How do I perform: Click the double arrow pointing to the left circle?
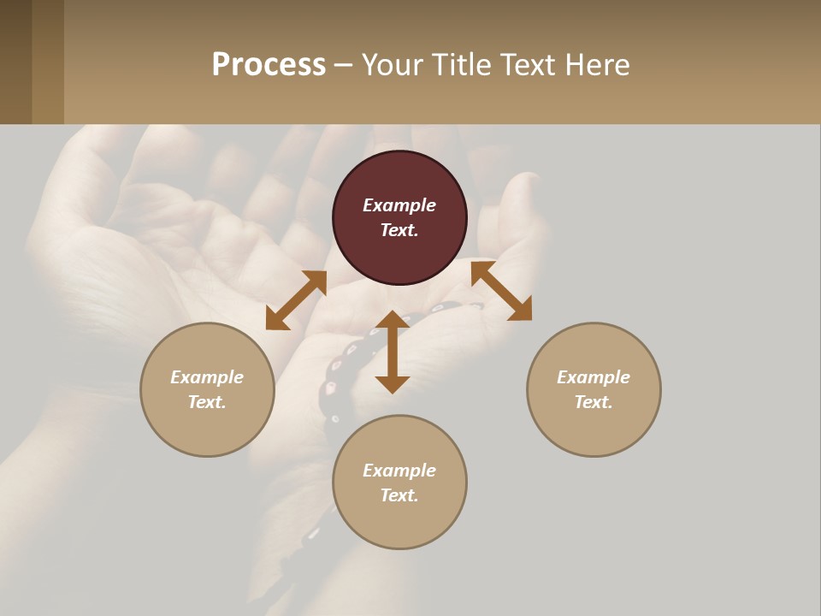click(296, 299)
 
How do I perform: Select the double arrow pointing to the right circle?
click(502, 291)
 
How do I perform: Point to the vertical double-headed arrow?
click(393, 352)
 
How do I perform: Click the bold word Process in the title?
click(269, 65)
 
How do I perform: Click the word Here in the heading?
click(599, 65)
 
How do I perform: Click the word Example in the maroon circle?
click(399, 205)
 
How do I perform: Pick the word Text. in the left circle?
click(207, 402)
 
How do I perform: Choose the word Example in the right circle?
click(594, 377)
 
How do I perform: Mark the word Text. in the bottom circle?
click(399, 495)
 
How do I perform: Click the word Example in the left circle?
click(207, 377)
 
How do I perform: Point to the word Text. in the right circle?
click(594, 402)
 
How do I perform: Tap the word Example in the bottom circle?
click(399, 471)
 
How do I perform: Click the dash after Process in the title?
click(344, 66)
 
